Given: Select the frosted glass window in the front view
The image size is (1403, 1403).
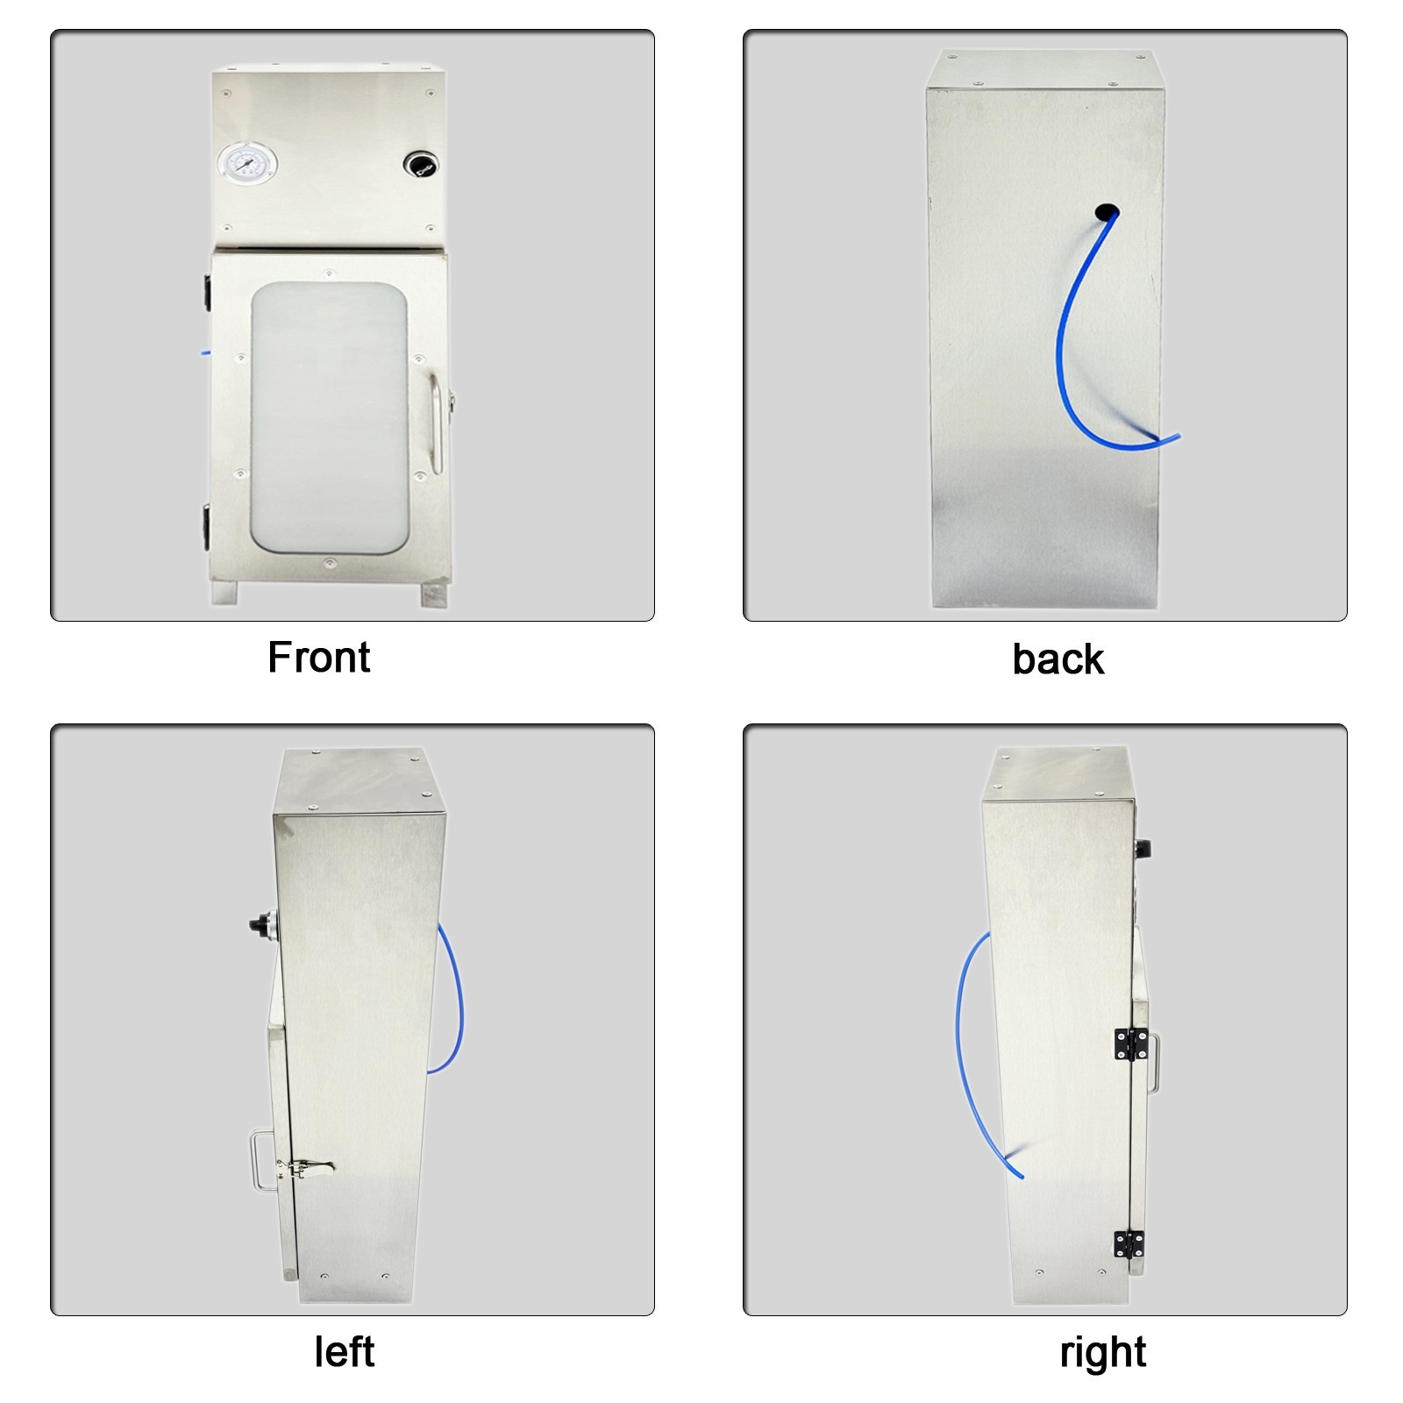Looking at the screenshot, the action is [x=329, y=418].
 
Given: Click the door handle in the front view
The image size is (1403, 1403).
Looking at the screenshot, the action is [x=436, y=424].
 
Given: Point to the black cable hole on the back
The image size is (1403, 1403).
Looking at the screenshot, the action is [x=1107, y=211].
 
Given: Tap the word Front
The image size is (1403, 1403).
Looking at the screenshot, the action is [x=319, y=658].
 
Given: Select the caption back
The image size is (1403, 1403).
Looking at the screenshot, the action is [x=1058, y=659].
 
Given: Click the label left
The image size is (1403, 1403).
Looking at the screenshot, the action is [x=344, y=1352].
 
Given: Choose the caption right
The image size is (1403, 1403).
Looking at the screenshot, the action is [x=1102, y=1352].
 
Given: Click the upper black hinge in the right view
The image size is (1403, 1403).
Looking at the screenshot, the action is [x=1130, y=1043].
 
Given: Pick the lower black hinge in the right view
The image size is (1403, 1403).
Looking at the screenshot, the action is [x=1129, y=1244].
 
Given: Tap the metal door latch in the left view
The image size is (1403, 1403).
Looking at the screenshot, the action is [x=305, y=1168].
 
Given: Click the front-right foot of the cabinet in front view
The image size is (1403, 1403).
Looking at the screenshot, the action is [x=434, y=595].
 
